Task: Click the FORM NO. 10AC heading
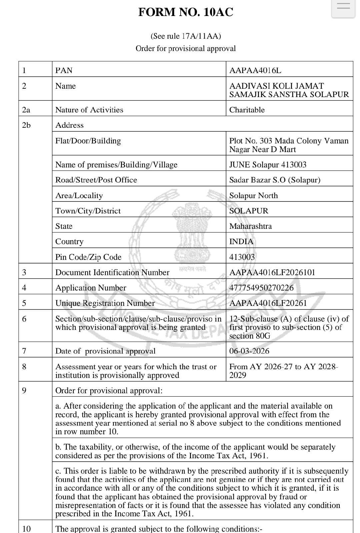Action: click(x=186, y=12)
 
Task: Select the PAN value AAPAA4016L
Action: click(x=255, y=70)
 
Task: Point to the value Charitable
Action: click(x=247, y=110)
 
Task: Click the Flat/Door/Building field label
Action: click(x=88, y=141)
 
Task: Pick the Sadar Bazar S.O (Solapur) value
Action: click(x=275, y=180)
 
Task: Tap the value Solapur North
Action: click(x=253, y=195)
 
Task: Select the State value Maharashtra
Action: click(x=250, y=226)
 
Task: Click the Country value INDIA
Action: click(x=241, y=241)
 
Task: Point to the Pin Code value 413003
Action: click(x=242, y=257)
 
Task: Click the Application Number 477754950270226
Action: click(x=261, y=288)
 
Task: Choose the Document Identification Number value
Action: click(x=272, y=272)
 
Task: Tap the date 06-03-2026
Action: click(x=249, y=351)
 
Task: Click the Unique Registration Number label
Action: click(x=105, y=303)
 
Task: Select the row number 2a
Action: click(x=26, y=110)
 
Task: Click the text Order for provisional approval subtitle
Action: click(x=186, y=48)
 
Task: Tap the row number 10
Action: click(x=26, y=528)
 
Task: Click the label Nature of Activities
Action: click(x=89, y=110)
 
